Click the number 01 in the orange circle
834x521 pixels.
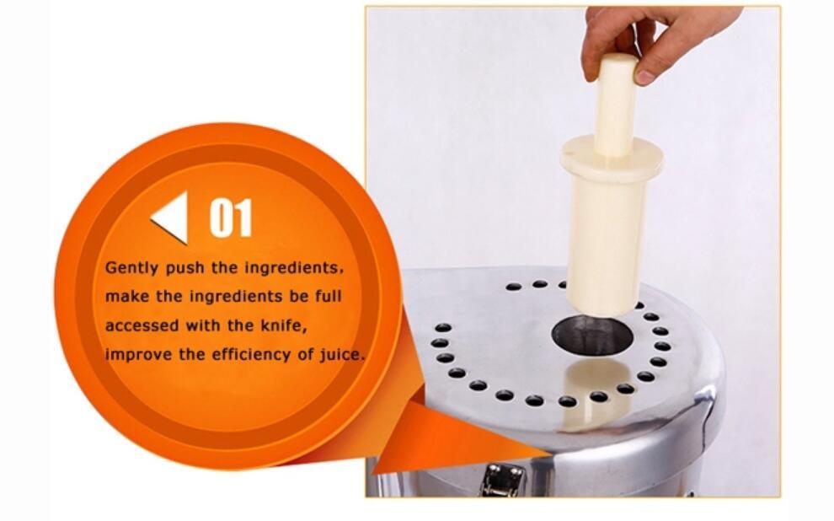coord(230,218)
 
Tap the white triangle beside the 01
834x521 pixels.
coord(171,218)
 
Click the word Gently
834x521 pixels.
coord(129,268)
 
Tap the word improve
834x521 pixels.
coord(133,354)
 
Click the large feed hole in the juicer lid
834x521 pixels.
coord(591,336)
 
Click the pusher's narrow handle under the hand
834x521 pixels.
coord(616,105)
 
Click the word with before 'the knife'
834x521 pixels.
coord(219,325)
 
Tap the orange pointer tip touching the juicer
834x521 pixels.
coord(539,455)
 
